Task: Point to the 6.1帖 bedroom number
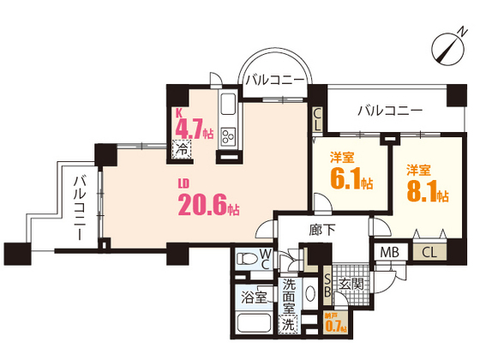pos(351,180)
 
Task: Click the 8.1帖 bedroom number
pos(427,192)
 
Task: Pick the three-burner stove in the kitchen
pos(229,137)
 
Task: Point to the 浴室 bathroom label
pos(253,297)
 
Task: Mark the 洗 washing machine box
pos(288,323)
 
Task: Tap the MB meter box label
pos(391,253)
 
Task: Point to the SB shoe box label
pos(327,284)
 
